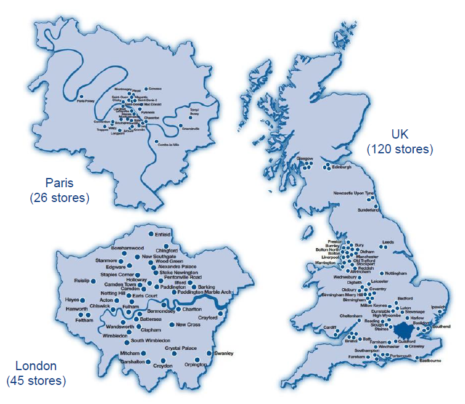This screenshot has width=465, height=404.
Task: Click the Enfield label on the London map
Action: point(163,235)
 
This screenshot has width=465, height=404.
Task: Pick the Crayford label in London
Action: point(208,318)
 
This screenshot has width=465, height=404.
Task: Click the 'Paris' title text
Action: point(59,183)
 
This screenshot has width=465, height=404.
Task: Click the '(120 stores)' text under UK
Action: point(400,149)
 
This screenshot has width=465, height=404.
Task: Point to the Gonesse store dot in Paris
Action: point(145,89)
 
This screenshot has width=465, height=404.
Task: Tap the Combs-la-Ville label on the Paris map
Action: point(168,143)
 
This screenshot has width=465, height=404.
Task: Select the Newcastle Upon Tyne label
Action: point(353,193)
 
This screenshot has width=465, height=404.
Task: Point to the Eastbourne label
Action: point(431,361)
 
